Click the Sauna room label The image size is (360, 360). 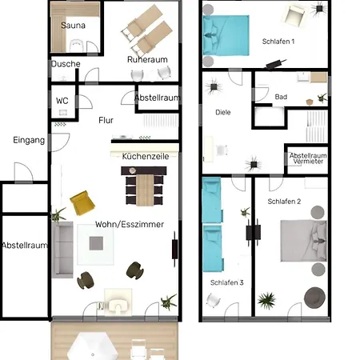click(x=73, y=26)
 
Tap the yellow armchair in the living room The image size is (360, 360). click(x=82, y=202)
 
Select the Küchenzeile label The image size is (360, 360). click(x=146, y=156)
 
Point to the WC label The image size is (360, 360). click(x=62, y=101)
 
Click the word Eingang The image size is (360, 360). click(x=29, y=140)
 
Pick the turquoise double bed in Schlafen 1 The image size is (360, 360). click(x=226, y=35)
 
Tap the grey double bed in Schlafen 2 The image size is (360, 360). click(x=303, y=241)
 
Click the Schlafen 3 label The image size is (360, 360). click(x=227, y=282)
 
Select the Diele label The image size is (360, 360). click(x=223, y=112)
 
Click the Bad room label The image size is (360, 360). click(x=281, y=97)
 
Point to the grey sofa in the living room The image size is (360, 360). click(x=62, y=250)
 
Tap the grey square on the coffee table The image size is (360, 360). click(x=96, y=243)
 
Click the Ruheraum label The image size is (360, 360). click(x=147, y=59)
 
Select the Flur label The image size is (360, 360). click(x=106, y=120)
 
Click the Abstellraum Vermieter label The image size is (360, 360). click(x=308, y=158)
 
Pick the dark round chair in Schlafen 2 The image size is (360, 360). click(x=314, y=298)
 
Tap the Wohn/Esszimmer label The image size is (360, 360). click(x=130, y=224)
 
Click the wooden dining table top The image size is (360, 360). click(x=145, y=190)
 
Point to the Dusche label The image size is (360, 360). click(x=66, y=64)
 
